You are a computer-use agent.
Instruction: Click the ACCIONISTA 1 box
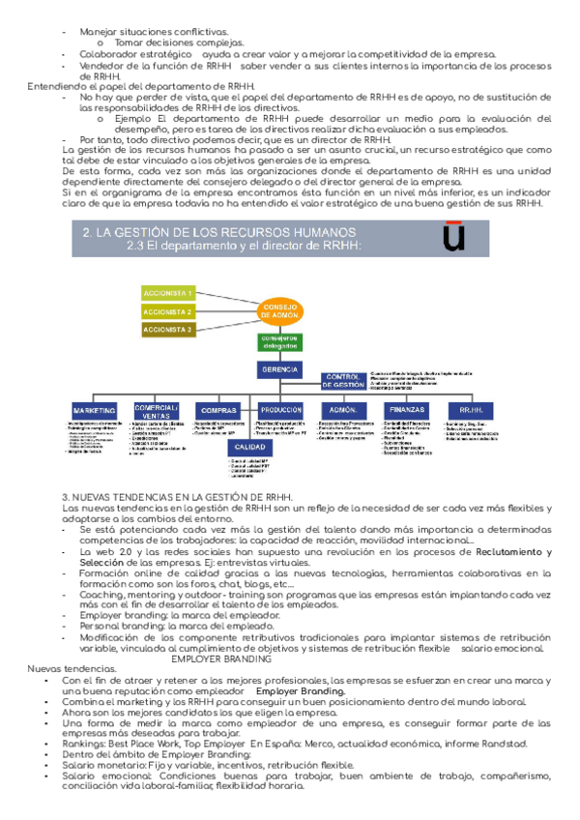[167, 292]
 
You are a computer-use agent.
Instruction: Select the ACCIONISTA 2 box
[167, 311]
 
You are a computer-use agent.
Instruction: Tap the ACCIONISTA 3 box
[167, 330]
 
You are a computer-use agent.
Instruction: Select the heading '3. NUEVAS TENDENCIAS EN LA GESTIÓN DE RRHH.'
[177, 497]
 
